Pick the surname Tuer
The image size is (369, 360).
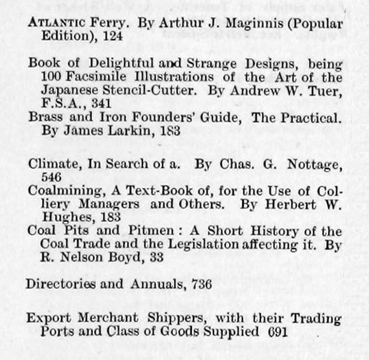326,90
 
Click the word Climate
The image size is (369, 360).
49,164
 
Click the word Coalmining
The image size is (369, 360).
58,191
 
